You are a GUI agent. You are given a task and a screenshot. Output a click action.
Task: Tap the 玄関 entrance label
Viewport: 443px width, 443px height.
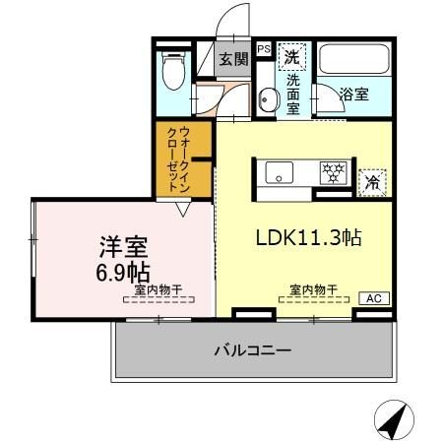pyautogui.click(x=232, y=60)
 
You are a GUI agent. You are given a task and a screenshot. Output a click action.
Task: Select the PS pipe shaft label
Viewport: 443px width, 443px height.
pyautogui.click(x=263, y=47)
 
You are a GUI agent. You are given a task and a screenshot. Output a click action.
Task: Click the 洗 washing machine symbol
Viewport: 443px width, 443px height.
pyautogui.click(x=292, y=57)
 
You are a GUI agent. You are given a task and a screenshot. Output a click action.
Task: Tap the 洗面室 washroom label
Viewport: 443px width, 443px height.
pyautogui.click(x=292, y=95)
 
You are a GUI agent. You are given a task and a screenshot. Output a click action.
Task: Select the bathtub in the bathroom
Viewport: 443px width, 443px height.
pyautogui.click(x=354, y=63)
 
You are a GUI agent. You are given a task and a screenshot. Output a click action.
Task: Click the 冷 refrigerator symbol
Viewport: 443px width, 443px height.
pyautogui.click(x=371, y=182)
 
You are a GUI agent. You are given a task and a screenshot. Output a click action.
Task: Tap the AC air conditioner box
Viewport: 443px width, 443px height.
pyautogui.click(x=373, y=298)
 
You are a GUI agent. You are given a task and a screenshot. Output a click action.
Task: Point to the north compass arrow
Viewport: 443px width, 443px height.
pyautogui.click(x=393, y=421)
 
